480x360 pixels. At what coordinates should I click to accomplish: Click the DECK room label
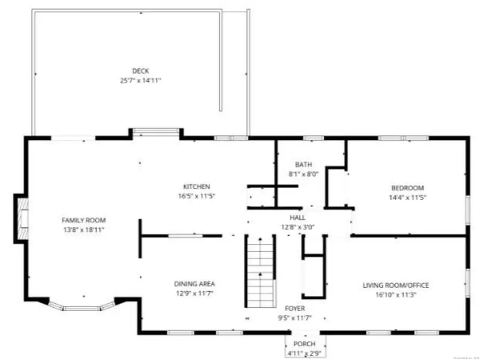141,71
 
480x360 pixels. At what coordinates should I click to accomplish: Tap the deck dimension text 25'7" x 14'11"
141,81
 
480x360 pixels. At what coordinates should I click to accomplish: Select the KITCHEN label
197,187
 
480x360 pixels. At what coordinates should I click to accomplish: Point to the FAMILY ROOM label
84,220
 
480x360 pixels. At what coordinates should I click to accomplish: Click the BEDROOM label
407,188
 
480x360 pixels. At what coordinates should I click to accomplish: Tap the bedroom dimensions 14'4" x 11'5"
407,197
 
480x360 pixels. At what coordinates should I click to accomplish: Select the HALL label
297,218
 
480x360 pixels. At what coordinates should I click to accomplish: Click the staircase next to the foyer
260,272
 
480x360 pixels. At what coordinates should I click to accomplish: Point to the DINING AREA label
195,284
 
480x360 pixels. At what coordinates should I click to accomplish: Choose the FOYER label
295,308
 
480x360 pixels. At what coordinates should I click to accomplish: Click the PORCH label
304,343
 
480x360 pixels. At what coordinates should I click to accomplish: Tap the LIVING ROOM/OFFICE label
396,285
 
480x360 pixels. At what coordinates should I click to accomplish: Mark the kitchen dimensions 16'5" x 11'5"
197,196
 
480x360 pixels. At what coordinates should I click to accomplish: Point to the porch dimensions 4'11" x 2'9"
304,353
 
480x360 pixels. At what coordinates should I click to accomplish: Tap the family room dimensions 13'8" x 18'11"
84,229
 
